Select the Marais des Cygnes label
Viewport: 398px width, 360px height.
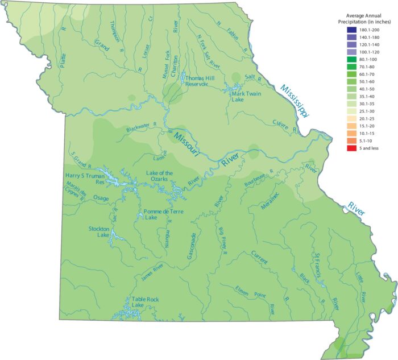[74, 197]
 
